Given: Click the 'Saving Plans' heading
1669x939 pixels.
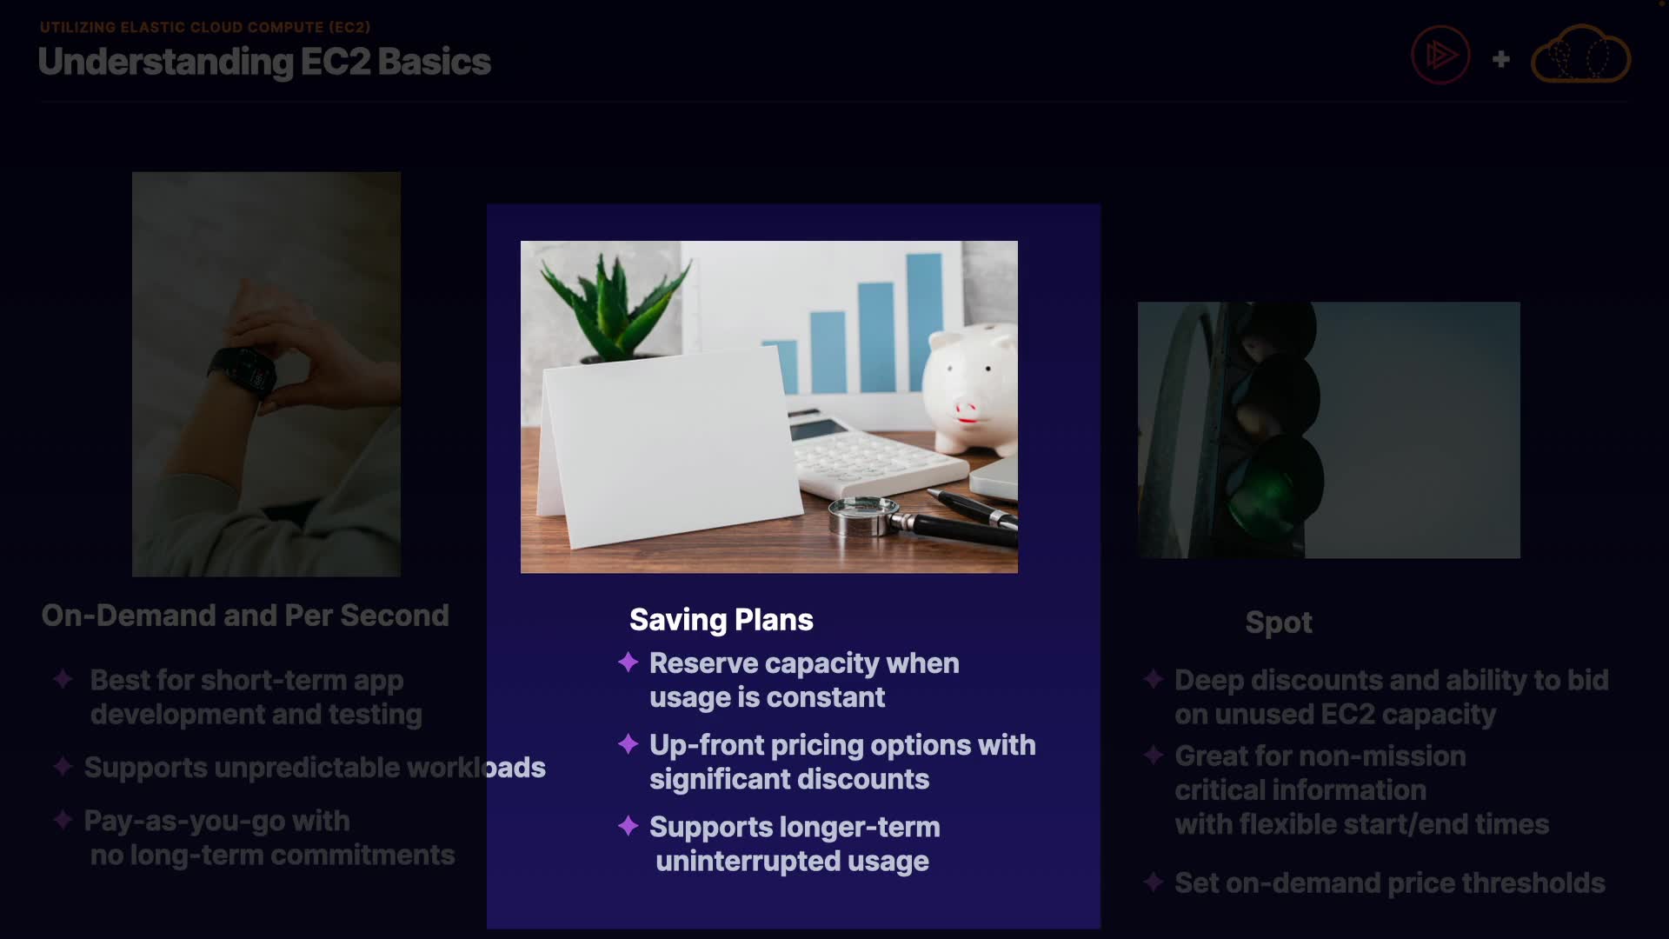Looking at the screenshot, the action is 721,620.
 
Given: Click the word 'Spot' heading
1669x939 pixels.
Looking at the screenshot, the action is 1278,623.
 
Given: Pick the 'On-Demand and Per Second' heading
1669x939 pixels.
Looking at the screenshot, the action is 245,616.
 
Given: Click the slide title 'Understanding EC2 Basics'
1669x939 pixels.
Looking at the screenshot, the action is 264,62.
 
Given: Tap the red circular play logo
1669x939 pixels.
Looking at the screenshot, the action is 1440,55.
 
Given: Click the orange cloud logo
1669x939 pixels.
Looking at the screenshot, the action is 1580,54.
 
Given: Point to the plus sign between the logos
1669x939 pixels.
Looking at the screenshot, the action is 1500,59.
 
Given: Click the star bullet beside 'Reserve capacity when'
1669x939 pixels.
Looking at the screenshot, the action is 628,663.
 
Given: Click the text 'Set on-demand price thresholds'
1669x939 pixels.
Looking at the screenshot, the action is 1389,883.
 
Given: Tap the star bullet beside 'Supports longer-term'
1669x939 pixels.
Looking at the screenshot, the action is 628,826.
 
